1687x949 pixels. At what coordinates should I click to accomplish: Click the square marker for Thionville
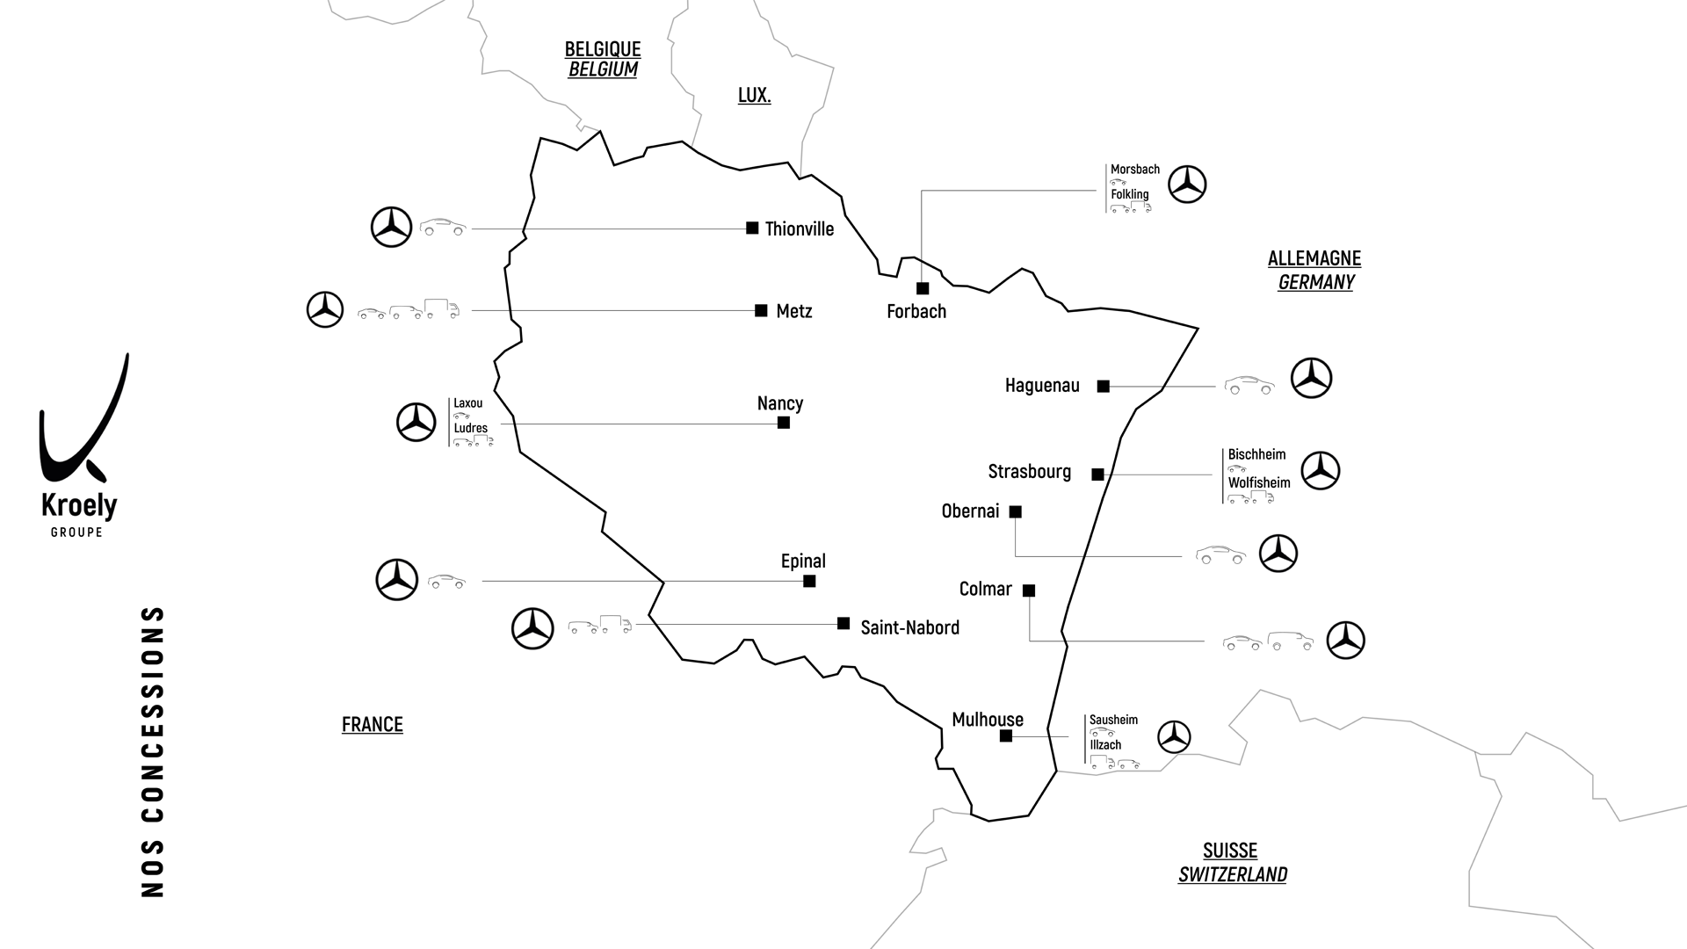[x=752, y=228]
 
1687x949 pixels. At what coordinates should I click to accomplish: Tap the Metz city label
[x=794, y=311]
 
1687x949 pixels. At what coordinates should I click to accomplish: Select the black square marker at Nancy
[x=784, y=423]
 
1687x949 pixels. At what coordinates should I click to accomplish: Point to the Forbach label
[x=916, y=311]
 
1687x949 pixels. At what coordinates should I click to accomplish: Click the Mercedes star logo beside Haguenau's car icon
[x=1311, y=379]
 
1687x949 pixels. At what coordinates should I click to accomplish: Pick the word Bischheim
[x=1256, y=454]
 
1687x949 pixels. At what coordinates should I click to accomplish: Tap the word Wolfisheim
[x=1259, y=482]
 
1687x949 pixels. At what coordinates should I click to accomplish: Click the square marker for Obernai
[x=1016, y=511]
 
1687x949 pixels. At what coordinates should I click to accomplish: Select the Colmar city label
[x=985, y=589]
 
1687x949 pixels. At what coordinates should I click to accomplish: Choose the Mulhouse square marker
[x=1006, y=736]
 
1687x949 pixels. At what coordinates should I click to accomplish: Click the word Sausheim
[x=1113, y=720]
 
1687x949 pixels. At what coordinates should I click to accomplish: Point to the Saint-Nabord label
[x=909, y=627]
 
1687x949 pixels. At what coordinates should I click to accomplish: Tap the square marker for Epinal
[x=809, y=582]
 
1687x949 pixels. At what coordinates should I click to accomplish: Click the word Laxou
[x=467, y=403]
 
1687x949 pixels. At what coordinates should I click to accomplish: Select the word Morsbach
[x=1134, y=170]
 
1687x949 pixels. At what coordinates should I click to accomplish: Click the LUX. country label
[x=754, y=95]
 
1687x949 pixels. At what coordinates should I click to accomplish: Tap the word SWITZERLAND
[x=1233, y=874]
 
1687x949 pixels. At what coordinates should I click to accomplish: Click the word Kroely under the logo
[x=79, y=506]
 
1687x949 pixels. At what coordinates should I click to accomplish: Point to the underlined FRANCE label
[x=373, y=724]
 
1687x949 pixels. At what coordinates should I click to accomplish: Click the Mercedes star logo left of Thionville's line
[x=391, y=228]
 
